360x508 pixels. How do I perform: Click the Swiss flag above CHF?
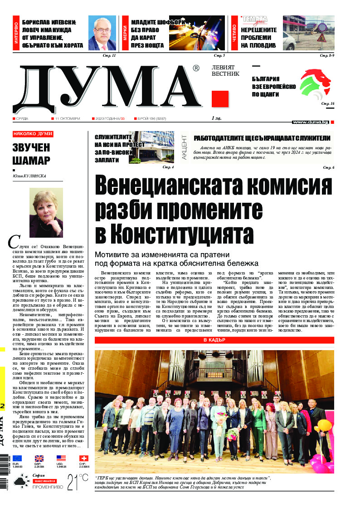pyautogui.click(x=83, y=459)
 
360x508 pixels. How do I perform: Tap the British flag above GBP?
pyautogui.click(x=39, y=459)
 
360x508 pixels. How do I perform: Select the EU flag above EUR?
pyautogui.click(x=17, y=459)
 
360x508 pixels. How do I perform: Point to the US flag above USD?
pyautogui.click(x=61, y=459)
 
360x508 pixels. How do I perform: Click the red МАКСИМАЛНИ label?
pyautogui.click(x=44, y=480)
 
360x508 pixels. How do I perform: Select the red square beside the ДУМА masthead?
pyautogui.click(x=220, y=98)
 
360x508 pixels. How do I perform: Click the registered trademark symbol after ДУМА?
pyautogui.click(x=196, y=68)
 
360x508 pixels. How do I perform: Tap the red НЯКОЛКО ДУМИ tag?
pyautogui.click(x=33, y=134)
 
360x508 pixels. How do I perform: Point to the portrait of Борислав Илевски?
pyautogui.click(x=102, y=33)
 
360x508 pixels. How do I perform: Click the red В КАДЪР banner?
pyautogui.click(x=214, y=340)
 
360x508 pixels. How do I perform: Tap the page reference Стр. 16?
pyautogui.click(x=327, y=104)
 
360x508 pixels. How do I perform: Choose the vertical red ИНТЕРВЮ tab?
pyautogui.click(x=16, y=33)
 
